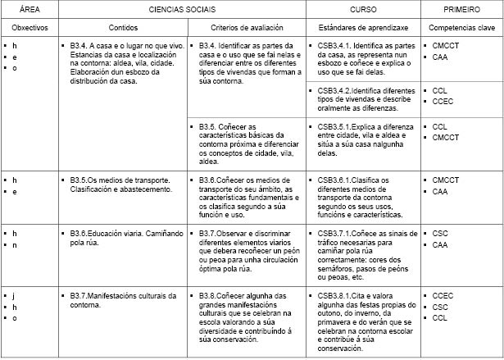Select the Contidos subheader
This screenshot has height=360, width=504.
coord(122,27)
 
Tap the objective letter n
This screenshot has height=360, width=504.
coord(15,245)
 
